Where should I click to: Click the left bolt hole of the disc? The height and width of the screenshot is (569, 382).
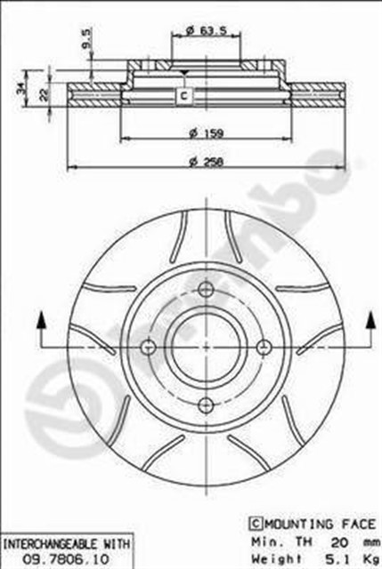pyautogui.click(x=149, y=346)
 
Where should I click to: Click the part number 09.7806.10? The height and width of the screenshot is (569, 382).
pyautogui.click(x=68, y=557)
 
